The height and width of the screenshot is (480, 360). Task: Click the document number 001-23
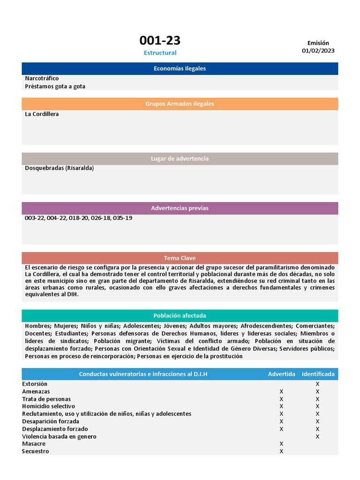tap(160, 40)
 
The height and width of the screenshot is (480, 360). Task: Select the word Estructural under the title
tap(160, 53)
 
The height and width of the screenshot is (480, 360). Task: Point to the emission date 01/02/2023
tap(318, 51)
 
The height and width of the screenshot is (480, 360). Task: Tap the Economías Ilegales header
tap(180, 68)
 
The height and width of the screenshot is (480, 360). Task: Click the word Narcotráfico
tap(42, 78)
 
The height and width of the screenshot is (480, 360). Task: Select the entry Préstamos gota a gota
tap(55, 86)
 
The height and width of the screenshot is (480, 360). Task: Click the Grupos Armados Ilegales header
tap(180, 104)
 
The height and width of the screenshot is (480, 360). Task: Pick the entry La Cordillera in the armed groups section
tap(42, 114)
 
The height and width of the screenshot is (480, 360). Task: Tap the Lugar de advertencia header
tap(180, 158)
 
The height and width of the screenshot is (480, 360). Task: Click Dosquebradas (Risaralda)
tap(60, 168)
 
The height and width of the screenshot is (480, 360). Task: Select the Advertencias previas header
tap(180, 208)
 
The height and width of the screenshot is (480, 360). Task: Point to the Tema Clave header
tap(180, 258)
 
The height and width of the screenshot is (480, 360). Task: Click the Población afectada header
tap(180, 315)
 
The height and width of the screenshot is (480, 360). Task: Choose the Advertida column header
tap(281, 374)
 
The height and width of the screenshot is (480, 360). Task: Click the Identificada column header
tap(318, 374)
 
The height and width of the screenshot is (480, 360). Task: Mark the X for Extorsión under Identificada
tap(317, 384)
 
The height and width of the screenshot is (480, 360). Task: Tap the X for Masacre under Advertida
tap(281, 444)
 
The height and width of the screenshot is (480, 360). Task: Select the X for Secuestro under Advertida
tap(281, 451)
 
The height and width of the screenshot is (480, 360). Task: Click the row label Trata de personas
tap(46, 399)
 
